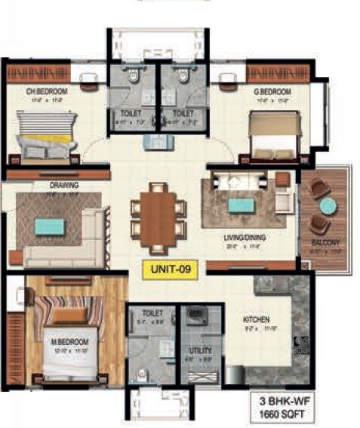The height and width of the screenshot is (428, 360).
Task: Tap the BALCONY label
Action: [325, 242]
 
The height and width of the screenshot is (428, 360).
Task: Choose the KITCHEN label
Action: [257, 319]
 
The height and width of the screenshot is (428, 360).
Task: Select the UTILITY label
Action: [200, 350]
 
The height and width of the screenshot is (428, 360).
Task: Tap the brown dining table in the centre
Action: [158, 217]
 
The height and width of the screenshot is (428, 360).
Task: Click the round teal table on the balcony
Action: [328, 205]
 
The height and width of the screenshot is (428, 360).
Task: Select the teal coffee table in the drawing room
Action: [50, 226]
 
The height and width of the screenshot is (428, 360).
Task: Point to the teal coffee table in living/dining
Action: [242, 205]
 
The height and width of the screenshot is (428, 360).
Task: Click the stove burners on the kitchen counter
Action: [302, 345]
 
